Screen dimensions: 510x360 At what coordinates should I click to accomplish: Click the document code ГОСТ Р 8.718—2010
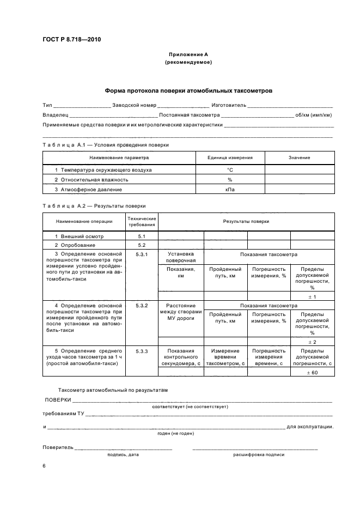coord(71,39)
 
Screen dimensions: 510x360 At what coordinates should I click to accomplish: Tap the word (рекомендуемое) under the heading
coord(188,62)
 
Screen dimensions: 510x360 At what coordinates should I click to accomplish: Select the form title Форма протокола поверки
coord(188,90)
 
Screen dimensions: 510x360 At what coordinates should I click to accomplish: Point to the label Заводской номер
coord(133,105)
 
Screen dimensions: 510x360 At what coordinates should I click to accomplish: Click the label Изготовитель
coord(228,105)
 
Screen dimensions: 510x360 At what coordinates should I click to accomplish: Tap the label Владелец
coord(55,115)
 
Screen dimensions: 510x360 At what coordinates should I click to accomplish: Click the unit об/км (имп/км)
coord(314,115)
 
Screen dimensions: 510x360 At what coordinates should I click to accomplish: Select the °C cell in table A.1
coord(230,170)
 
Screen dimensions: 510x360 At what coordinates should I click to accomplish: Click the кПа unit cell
coord(230,189)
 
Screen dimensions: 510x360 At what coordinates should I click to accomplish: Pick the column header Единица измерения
coord(230,157)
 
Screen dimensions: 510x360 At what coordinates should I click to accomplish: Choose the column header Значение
coord(299,157)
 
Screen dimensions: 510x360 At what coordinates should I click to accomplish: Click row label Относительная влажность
coord(94,179)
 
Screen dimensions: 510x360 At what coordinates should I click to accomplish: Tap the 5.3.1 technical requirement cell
coord(142,254)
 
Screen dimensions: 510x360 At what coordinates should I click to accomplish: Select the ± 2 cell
coord(312,341)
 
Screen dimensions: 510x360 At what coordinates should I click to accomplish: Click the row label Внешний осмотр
coord(81,236)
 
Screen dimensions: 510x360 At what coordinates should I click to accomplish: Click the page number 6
coord(44,466)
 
